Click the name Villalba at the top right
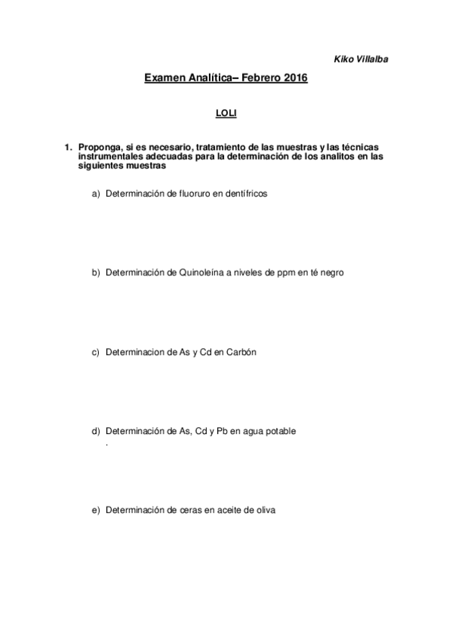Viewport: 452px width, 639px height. tap(372, 58)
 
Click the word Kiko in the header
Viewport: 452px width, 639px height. tap(342, 58)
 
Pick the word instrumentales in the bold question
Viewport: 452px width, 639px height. tap(110, 156)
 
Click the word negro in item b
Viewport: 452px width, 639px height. tap(331, 273)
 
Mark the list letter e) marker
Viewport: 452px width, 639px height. tap(95, 510)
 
